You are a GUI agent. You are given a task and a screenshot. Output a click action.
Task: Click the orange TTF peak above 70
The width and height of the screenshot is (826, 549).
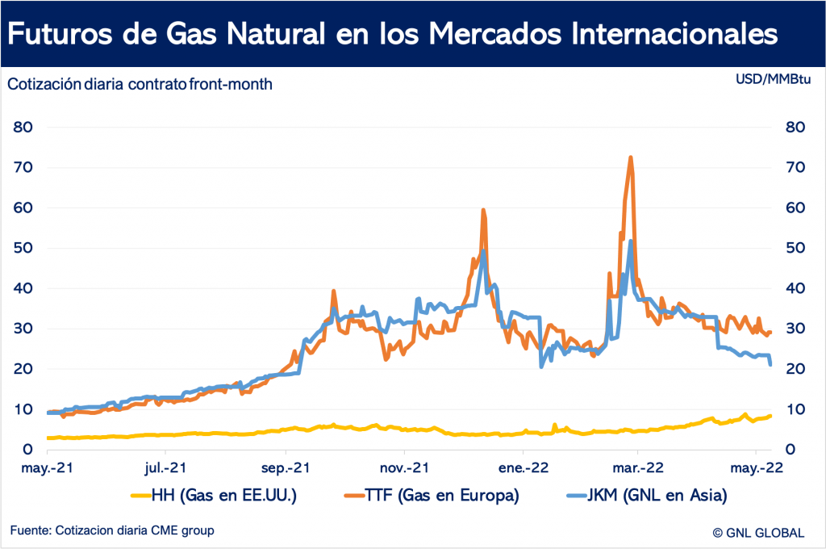click(630, 157)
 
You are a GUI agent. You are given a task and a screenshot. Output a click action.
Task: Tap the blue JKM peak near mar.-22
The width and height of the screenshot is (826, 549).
click(631, 241)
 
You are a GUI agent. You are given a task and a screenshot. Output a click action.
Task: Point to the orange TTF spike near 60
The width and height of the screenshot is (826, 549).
click(483, 210)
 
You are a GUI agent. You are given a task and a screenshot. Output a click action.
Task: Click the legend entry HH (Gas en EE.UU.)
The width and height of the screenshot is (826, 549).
click(214, 495)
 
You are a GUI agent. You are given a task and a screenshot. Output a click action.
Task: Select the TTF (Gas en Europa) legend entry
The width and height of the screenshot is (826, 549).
click(432, 495)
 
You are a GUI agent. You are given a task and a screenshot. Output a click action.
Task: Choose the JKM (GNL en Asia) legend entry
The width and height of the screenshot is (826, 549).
click(647, 495)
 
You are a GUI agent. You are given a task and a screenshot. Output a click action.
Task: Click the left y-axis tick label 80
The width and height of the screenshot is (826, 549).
click(23, 127)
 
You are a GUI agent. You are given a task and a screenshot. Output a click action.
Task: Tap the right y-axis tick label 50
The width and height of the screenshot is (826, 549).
click(795, 248)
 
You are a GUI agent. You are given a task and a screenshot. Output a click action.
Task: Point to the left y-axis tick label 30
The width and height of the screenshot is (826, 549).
click(23, 329)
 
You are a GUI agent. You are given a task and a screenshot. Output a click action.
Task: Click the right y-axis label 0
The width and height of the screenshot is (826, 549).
click(791, 450)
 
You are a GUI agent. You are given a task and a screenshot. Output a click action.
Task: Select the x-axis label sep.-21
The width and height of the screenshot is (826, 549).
click(286, 467)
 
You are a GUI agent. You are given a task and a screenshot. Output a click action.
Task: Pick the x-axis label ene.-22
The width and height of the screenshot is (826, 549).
click(524, 467)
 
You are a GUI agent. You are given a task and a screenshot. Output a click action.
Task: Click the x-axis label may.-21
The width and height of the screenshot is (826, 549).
click(47, 467)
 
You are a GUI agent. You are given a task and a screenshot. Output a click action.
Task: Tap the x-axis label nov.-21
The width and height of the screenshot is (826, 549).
click(405, 467)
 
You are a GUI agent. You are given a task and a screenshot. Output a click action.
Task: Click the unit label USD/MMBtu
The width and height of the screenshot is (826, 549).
click(773, 79)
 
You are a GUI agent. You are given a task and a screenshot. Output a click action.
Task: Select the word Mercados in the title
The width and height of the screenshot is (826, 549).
click(495, 34)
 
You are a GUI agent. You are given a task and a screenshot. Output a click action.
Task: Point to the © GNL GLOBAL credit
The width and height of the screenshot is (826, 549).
click(758, 533)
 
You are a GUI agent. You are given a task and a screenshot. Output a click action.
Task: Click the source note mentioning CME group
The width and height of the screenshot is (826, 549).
click(112, 530)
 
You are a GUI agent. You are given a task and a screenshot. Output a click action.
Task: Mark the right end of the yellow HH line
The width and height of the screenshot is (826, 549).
click(770, 416)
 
